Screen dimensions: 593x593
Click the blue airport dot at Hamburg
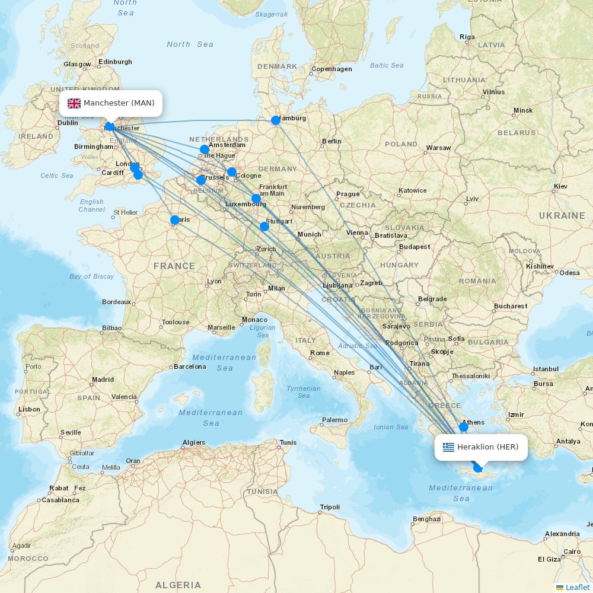click(x=276, y=120)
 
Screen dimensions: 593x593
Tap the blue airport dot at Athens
click(x=464, y=427)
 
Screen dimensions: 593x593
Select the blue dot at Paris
click(x=175, y=220)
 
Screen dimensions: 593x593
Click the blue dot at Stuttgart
click(x=264, y=226)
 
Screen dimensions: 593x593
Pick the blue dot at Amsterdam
click(x=205, y=149)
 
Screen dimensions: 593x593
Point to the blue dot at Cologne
click(x=232, y=172)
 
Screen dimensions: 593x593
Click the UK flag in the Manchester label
click(x=74, y=103)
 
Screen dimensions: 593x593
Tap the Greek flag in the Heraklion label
click(x=448, y=447)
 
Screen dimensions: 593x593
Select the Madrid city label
click(x=103, y=380)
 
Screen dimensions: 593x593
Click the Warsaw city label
click(x=438, y=148)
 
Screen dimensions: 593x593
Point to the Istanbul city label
click(x=546, y=369)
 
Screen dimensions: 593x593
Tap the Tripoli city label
click(x=330, y=507)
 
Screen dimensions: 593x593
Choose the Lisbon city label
click(x=29, y=409)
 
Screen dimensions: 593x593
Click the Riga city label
click(x=467, y=37)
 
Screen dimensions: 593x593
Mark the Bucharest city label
click(x=511, y=306)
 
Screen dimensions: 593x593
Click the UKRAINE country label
click(x=562, y=216)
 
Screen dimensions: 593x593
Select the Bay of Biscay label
click(x=91, y=276)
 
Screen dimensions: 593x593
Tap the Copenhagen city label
click(x=331, y=69)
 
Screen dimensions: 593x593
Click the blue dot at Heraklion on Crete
click(x=478, y=468)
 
